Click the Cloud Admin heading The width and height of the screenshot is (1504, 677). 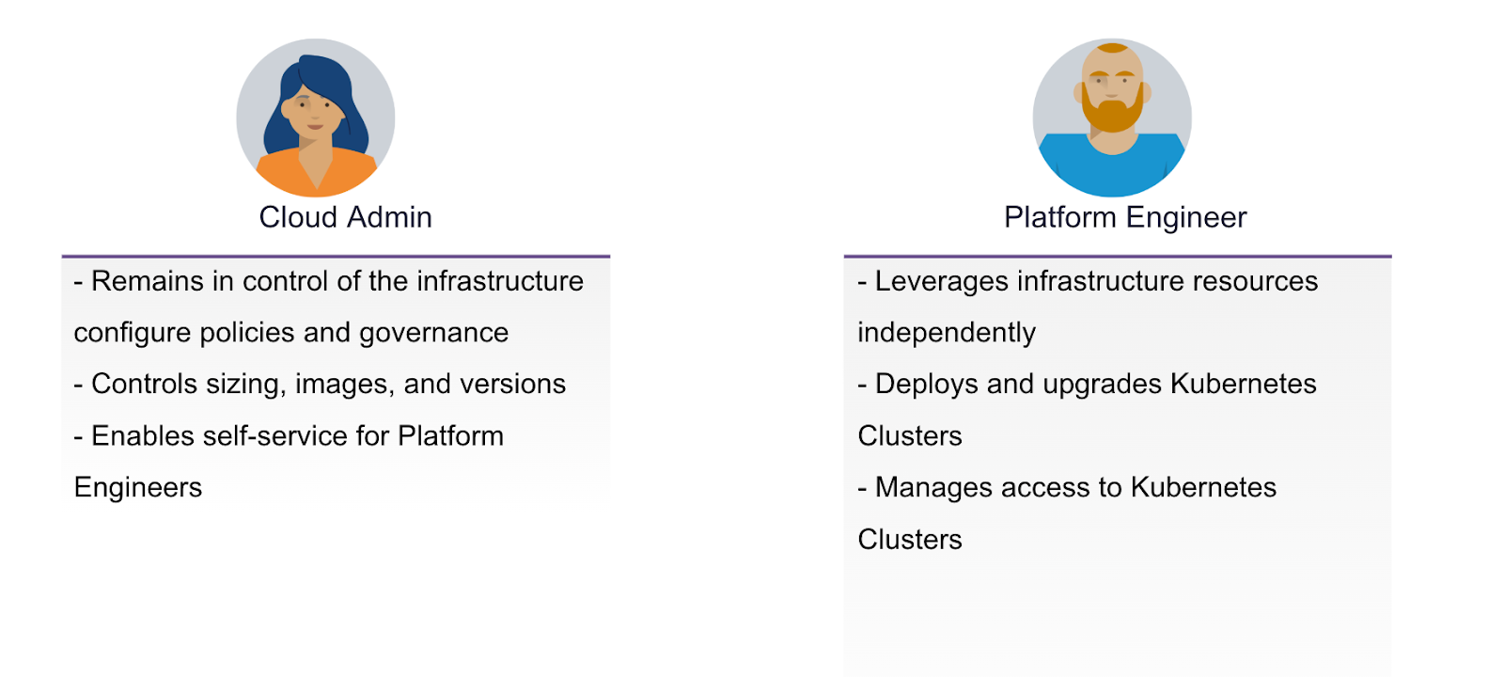pyautogui.click(x=345, y=217)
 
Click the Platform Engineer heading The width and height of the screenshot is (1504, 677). pyautogui.click(x=1125, y=218)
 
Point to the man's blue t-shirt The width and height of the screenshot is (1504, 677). pyautogui.click(x=1112, y=169)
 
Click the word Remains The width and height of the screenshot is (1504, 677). pyautogui.click(x=147, y=281)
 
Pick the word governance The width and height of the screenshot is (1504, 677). pyautogui.click(x=433, y=334)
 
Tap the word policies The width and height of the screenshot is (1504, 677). pyautogui.click(x=248, y=334)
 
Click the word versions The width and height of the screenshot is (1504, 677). pyautogui.click(x=513, y=385)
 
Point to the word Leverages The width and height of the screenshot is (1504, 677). pyautogui.click(x=941, y=282)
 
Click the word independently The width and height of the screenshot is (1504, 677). pyautogui.click(x=947, y=334)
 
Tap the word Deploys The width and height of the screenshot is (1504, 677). pyautogui.click(x=927, y=385)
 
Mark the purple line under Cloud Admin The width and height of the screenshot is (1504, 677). pyautogui.click(x=336, y=256)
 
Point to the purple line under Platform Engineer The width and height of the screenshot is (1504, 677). pyautogui.click(x=1118, y=256)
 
